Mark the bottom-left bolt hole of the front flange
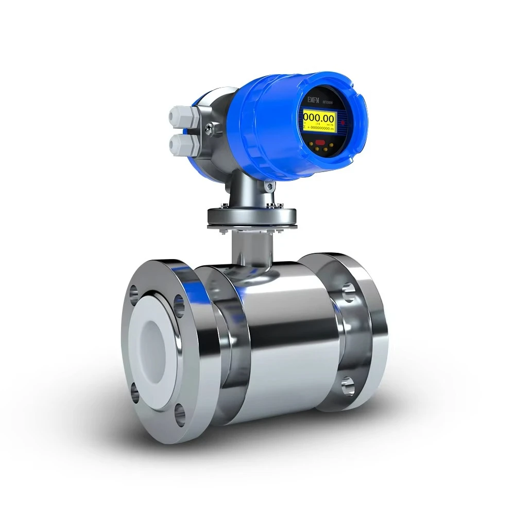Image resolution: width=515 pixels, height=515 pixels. click(135, 392)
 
